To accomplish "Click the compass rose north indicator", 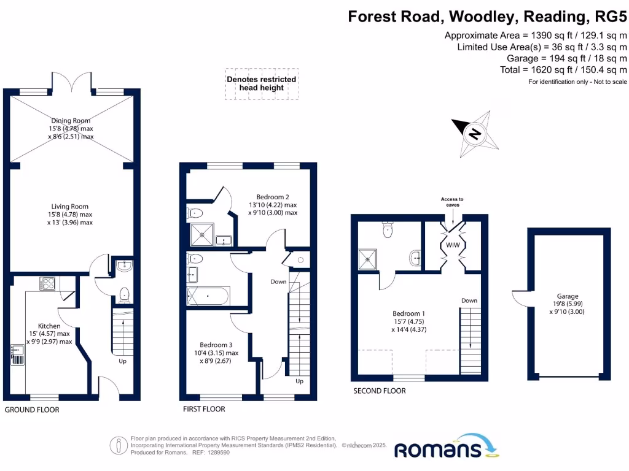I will tap(474, 132).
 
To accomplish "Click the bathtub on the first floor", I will tap(208, 297).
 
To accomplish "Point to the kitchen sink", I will tap(16, 354).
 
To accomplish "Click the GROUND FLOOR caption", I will tap(32, 410).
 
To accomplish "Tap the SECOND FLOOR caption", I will tap(379, 391).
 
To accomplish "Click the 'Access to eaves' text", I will tap(452, 202).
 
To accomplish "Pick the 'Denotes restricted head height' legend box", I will tap(262, 84).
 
